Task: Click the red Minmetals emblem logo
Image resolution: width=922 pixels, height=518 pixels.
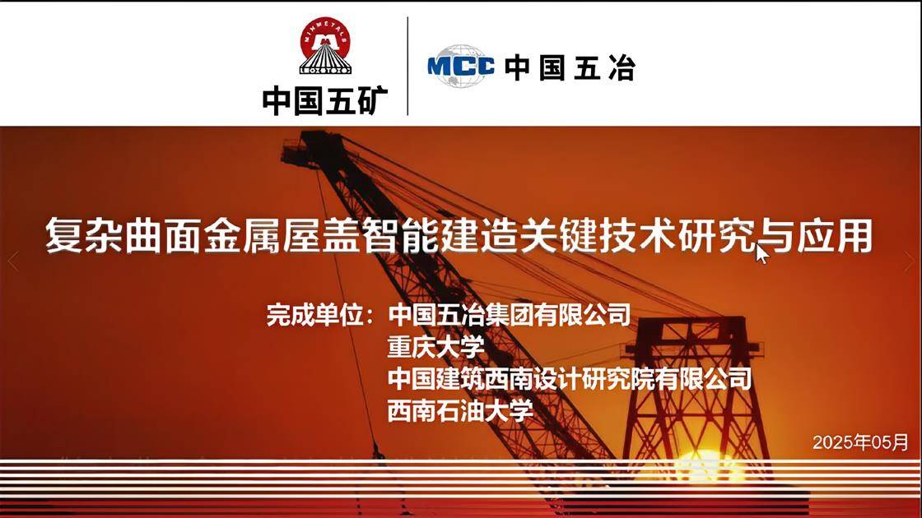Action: (x=324, y=47)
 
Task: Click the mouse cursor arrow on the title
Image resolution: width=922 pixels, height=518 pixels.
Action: (x=762, y=254)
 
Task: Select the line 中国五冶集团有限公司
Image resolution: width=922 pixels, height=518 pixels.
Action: (x=509, y=315)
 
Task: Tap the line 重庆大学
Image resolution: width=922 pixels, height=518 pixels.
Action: (x=435, y=347)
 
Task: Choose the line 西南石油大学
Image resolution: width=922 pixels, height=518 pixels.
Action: (x=460, y=409)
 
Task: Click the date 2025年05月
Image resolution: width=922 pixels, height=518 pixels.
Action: (x=860, y=442)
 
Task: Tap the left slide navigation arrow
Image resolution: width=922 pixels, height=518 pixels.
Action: (x=12, y=261)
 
